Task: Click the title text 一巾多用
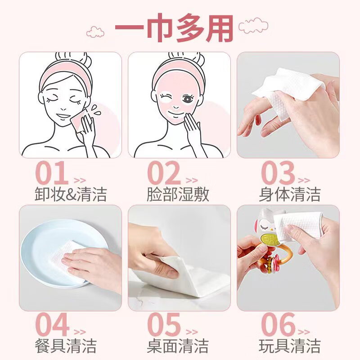coord(174,28)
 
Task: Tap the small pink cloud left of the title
coord(95,32)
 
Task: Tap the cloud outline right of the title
coord(253,25)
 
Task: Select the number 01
coord(52,172)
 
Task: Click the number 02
coord(164,173)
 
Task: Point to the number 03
coord(278,173)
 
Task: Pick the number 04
coord(52,324)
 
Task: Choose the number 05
coord(164,324)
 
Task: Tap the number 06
coord(278,324)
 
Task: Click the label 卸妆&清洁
coord(71,194)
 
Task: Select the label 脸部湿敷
coord(178,194)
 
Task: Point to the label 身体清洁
coord(290,194)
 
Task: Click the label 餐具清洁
coord(66,346)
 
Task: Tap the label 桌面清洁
coord(178,346)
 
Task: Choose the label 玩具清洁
coord(290,346)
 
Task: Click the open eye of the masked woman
coord(188,99)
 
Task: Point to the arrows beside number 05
coord(192,332)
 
